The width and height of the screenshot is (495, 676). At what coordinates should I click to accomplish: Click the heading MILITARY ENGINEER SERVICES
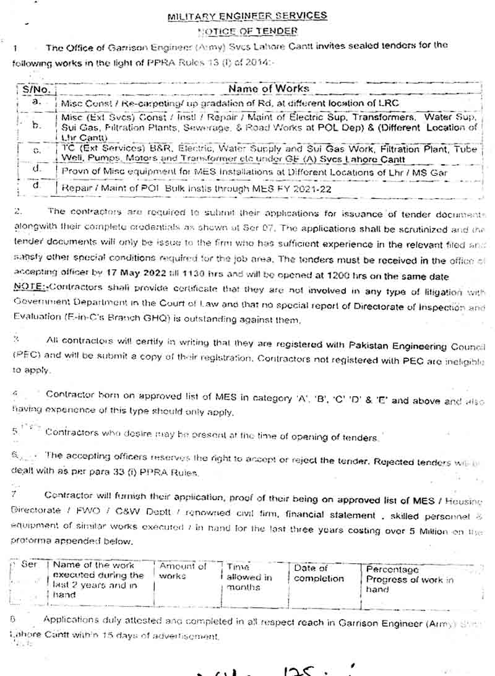tap(247, 16)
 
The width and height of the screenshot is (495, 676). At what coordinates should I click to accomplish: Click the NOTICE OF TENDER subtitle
tap(247, 30)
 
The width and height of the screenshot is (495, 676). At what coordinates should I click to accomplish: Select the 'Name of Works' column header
tap(269, 89)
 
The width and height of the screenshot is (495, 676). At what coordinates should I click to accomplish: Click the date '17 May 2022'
tap(140, 276)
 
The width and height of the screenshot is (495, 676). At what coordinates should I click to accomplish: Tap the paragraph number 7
tap(14, 495)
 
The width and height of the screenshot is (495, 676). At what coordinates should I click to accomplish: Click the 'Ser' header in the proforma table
tap(29, 566)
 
